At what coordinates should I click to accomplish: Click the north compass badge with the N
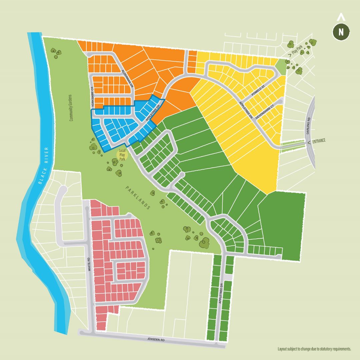coord(341,32)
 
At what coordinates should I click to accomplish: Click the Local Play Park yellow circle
coord(122,155)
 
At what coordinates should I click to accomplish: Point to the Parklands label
coord(138,197)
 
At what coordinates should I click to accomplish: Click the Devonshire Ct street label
coord(265,112)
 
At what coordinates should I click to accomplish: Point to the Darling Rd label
coord(309,126)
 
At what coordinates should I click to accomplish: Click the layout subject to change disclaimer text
coord(314,349)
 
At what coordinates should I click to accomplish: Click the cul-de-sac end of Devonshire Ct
coord(280,101)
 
